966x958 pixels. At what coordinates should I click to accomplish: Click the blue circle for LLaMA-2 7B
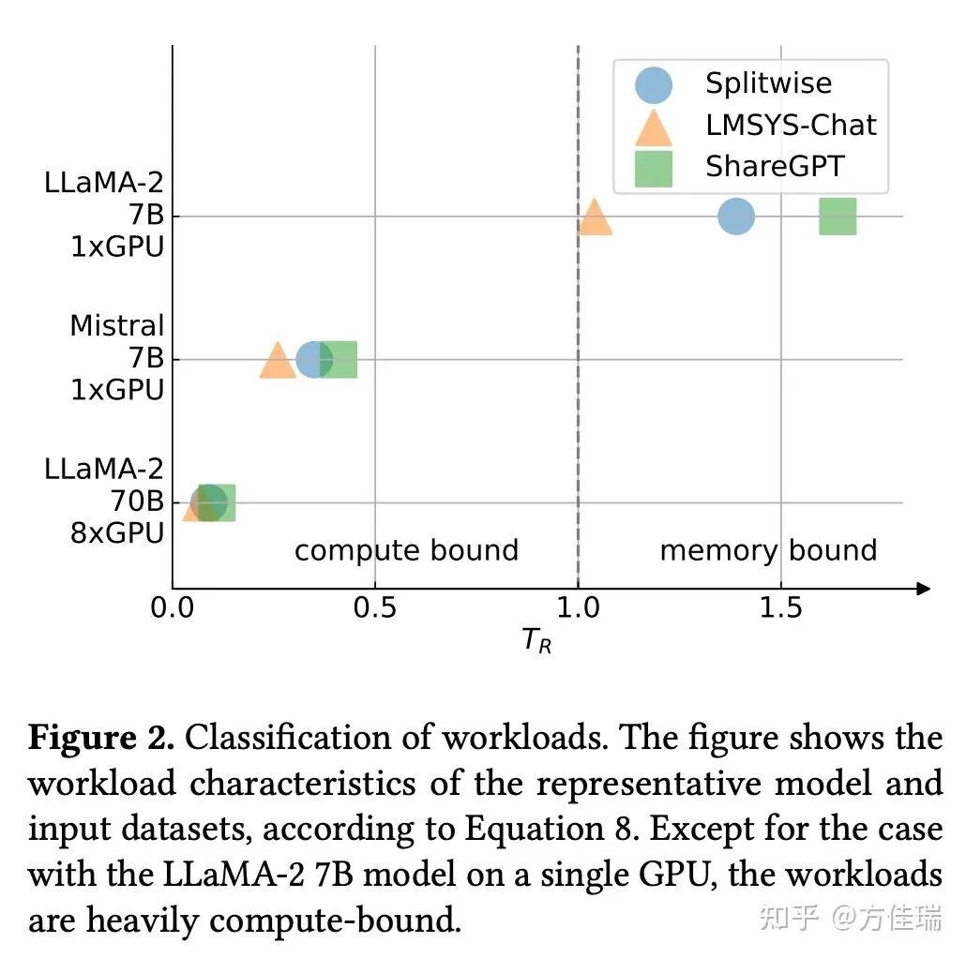click(x=736, y=217)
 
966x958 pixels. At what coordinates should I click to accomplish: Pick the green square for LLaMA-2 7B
click(x=838, y=217)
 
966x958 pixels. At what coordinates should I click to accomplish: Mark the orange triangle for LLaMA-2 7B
click(x=595, y=218)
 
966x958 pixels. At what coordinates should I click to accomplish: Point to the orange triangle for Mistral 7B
click(x=277, y=362)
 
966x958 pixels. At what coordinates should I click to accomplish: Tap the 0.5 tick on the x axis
click(x=375, y=608)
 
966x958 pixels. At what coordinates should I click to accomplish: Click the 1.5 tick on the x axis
click(x=780, y=608)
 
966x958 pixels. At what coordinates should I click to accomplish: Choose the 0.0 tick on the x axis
click(x=173, y=608)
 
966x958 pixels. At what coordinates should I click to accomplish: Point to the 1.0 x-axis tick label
click(x=578, y=608)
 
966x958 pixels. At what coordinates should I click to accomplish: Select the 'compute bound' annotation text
click(x=406, y=550)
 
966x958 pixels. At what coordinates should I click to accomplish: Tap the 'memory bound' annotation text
click(x=768, y=550)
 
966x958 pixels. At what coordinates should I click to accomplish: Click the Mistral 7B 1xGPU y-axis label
click(x=117, y=358)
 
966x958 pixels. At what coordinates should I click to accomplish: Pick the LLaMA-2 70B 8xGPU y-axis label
click(x=104, y=501)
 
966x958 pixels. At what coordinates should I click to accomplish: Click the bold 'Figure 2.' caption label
click(x=101, y=739)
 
